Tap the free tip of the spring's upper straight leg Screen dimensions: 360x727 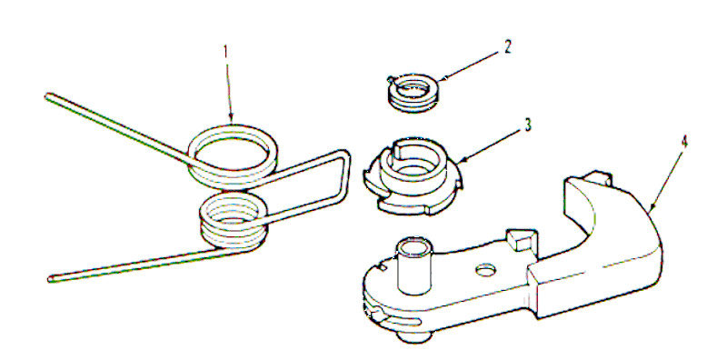(47, 94)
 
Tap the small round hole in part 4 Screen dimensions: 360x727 (485, 268)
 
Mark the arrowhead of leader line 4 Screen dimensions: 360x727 (652, 209)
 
